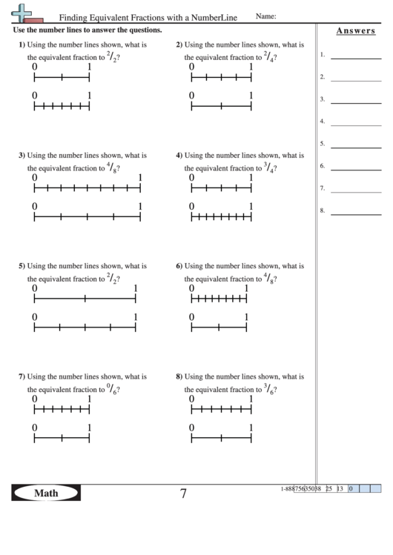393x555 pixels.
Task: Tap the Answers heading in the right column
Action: pyautogui.click(x=354, y=31)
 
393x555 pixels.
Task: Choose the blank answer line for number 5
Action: pyautogui.click(x=355, y=144)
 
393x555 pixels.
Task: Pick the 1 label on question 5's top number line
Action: pyautogui.click(x=136, y=288)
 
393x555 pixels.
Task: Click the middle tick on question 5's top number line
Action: pyautogui.click(x=85, y=299)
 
